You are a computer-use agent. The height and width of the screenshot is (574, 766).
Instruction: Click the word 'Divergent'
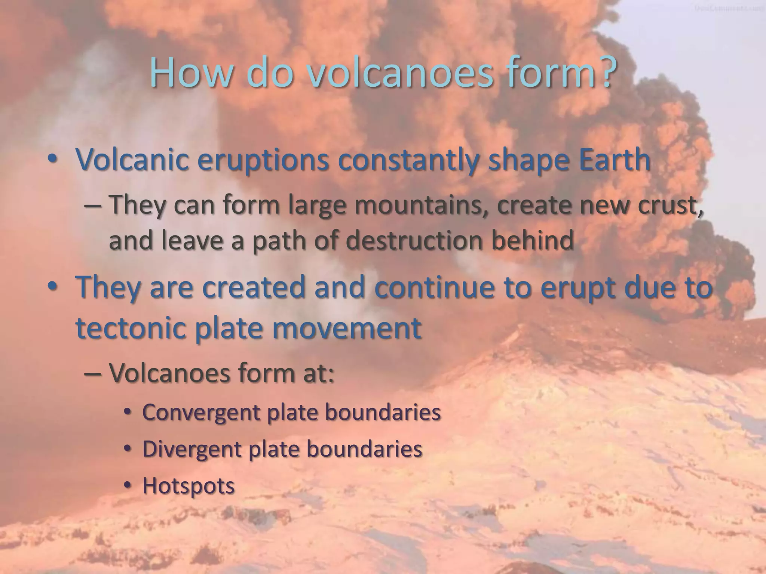[191, 449]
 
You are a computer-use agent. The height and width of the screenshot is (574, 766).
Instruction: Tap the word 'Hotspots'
[189, 486]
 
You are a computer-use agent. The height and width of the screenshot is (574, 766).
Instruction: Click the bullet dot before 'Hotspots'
[128, 485]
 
